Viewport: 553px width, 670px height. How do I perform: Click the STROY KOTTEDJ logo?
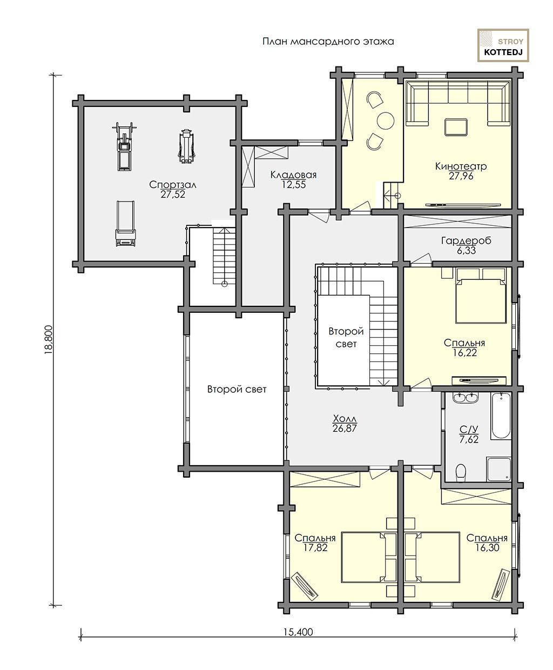click(503, 45)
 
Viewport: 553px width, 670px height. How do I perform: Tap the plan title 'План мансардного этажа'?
click(328, 42)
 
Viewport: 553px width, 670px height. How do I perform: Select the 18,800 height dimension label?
click(49, 340)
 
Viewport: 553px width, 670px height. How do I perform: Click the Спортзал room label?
click(173, 185)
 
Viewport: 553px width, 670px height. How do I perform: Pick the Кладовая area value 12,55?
click(294, 184)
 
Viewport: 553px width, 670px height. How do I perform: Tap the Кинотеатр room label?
click(461, 166)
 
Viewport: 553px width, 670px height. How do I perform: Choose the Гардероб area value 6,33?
click(466, 251)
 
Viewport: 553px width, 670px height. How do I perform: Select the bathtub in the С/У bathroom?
click(501, 416)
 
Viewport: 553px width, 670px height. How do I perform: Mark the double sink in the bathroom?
click(466, 398)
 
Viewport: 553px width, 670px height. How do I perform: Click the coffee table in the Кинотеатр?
click(456, 127)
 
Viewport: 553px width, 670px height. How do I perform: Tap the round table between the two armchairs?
click(386, 120)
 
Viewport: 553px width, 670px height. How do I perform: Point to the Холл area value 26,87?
click(345, 428)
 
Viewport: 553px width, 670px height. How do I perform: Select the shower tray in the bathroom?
click(499, 470)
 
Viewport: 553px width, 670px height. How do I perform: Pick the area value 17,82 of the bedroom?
click(315, 547)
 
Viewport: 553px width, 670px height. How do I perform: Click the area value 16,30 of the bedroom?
click(487, 547)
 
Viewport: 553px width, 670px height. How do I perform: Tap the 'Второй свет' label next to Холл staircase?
click(346, 338)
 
